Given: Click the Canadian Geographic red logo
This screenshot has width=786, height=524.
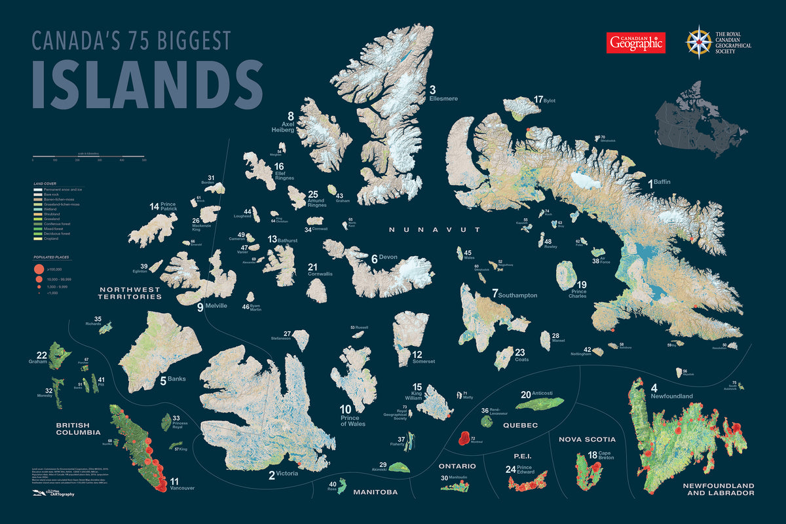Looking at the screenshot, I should click(635, 43).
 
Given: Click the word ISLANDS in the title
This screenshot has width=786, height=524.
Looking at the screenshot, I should click(147, 85).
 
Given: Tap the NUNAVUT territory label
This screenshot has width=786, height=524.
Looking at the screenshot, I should click(435, 230).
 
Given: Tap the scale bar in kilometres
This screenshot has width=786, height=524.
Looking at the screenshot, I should click(88, 157).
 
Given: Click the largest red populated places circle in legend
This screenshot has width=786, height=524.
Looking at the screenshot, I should click(39, 269).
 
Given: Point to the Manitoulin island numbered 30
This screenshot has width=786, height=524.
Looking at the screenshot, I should click(458, 487).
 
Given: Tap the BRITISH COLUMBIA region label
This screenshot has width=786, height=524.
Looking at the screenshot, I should click(78, 428).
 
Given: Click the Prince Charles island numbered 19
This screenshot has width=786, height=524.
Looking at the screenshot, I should click(565, 275).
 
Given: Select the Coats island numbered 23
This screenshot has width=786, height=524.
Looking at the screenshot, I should click(504, 358).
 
